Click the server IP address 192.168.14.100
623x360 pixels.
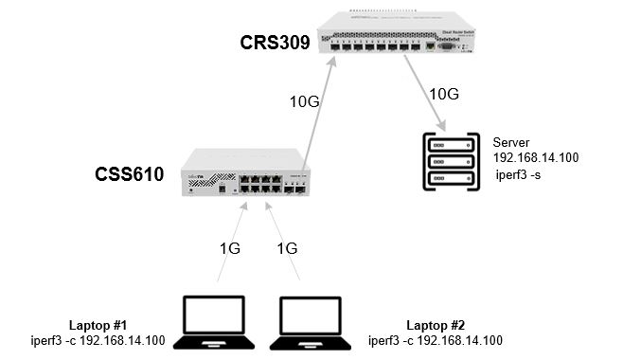point(535,157)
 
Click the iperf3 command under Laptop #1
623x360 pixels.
point(98,340)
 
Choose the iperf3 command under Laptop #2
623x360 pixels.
point(435,340)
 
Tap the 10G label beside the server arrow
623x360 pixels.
point(445,94)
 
